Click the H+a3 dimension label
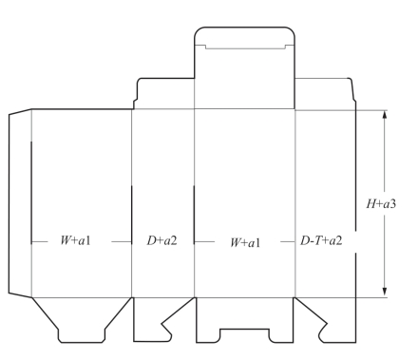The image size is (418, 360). point(381,203)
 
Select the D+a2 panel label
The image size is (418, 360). point(161,240)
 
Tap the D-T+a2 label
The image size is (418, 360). point(321,240)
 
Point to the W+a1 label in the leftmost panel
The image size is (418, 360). point(75,240)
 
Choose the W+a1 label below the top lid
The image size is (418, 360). point(245,242)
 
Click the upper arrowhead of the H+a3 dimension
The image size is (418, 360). point(385,115)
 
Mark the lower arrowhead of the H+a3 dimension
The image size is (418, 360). point(385,292)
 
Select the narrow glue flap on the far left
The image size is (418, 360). point(20,203)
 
